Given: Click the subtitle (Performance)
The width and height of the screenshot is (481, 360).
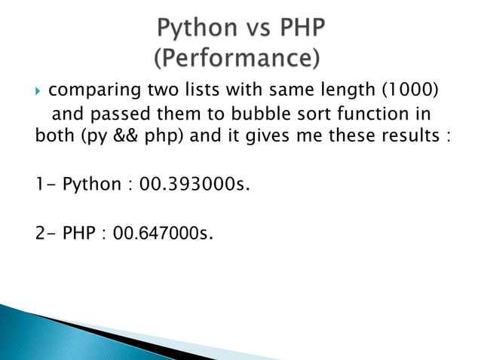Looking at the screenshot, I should coord(236,57).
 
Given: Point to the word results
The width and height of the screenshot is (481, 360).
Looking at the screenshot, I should coord(409,138).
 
